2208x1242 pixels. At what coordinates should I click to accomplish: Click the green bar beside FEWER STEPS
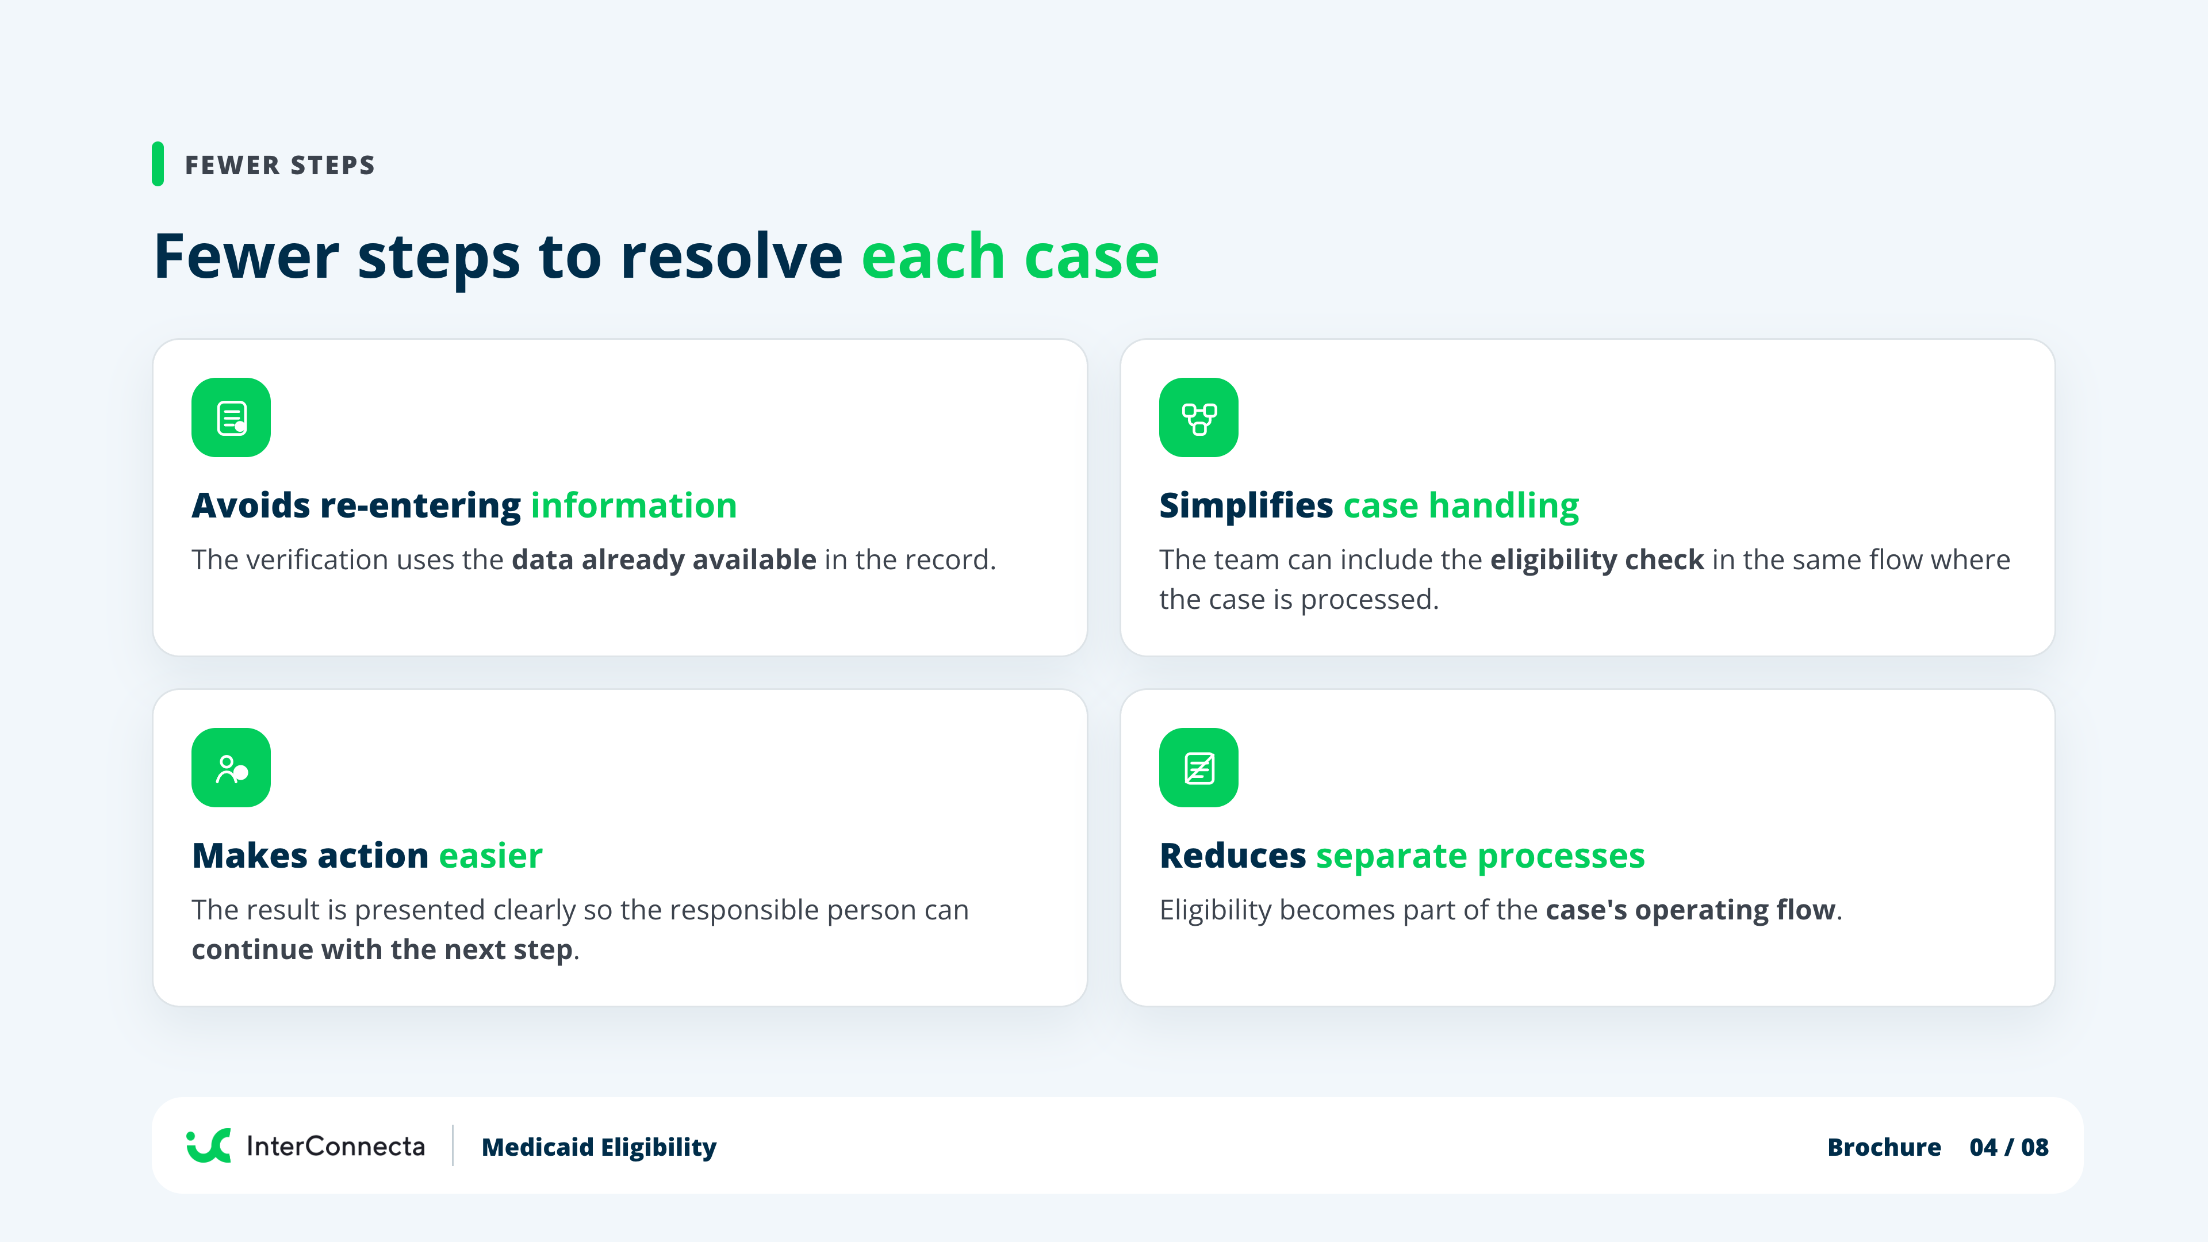158,164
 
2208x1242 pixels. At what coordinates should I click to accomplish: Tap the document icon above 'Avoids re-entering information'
231,417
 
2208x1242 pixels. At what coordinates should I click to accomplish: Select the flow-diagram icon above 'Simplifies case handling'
1198,417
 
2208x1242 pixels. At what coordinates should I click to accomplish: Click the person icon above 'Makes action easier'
231,767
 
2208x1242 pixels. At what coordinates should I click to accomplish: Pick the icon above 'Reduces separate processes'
1198,767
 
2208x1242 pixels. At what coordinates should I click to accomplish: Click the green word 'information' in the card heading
634,506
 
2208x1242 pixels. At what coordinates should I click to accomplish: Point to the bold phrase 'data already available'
664,559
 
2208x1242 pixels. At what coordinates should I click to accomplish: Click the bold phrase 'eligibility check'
1597,559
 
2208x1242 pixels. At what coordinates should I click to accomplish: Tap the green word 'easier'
491,856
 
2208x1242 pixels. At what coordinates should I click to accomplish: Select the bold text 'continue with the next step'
383,950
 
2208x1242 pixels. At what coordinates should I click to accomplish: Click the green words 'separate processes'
1480,856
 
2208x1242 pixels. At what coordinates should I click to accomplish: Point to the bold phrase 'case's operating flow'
1691,910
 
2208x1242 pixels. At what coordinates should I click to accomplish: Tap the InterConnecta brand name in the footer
336,1146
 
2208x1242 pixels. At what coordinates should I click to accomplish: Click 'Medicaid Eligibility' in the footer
599,1147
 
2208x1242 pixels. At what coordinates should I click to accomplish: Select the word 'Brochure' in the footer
1884,1147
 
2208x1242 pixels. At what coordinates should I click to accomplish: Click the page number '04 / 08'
2009,1147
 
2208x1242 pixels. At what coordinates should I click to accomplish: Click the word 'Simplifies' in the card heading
1246,506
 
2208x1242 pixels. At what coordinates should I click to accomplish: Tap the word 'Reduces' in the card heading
1233,856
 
